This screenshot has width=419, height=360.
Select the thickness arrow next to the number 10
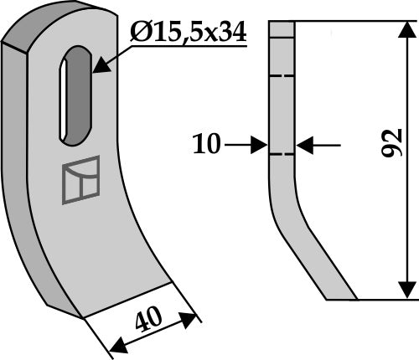click(x=251, y=145)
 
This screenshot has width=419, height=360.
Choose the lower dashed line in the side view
click(x=282, y=153)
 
